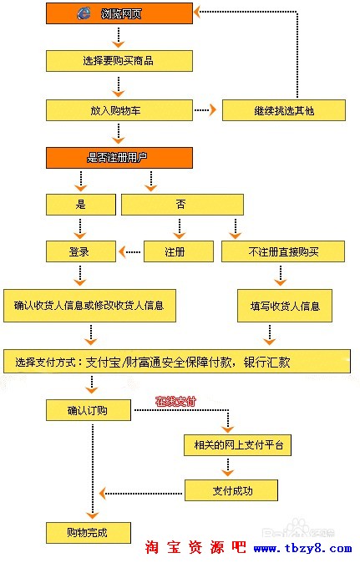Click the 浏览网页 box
point(119,13)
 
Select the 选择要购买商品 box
point(119,60)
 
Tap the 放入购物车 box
point(119,109)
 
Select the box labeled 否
point(182,204)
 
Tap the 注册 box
point(175,251)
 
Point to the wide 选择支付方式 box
point(176,362)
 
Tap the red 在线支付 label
point(175,402)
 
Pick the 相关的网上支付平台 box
point(237,445)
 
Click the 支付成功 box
point(231,490)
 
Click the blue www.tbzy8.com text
point(302,548)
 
